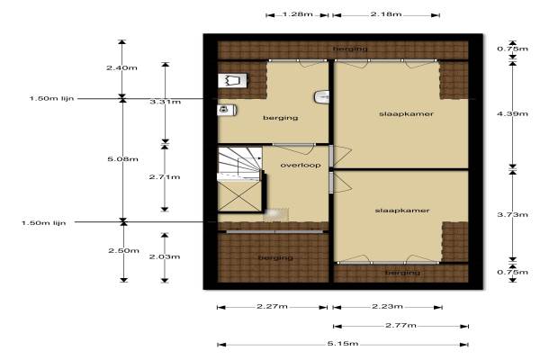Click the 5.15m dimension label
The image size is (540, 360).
343,344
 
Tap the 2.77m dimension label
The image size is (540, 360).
400,325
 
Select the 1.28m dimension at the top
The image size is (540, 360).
298,14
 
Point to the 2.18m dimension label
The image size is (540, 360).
386,14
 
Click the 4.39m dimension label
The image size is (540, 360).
512,113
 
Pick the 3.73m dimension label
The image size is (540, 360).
512,214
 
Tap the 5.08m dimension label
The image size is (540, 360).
123,159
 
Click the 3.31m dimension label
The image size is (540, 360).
166,102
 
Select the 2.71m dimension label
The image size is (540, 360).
165,177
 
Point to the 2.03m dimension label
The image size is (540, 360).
165,256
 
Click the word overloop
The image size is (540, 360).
301,165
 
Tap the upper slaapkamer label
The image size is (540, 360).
406,114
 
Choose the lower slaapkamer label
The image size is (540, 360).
402,211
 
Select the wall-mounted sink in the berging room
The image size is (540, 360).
321,97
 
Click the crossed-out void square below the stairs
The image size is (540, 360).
239,195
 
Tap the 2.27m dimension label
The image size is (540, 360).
272,306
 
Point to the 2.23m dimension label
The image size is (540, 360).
387,306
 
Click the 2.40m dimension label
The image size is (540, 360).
121,67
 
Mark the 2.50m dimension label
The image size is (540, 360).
123,250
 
